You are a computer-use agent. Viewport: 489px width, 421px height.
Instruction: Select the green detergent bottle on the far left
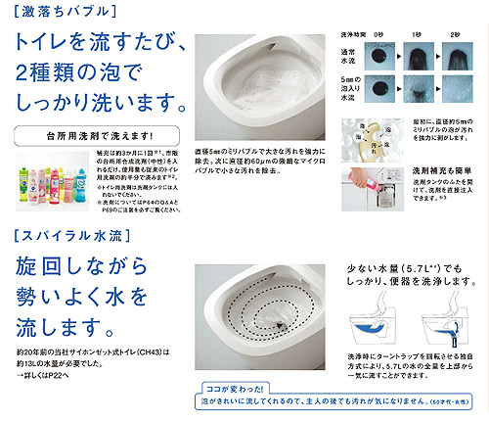coord(22,182)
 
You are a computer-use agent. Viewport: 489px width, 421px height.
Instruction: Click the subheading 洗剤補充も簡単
coord(431,167)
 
